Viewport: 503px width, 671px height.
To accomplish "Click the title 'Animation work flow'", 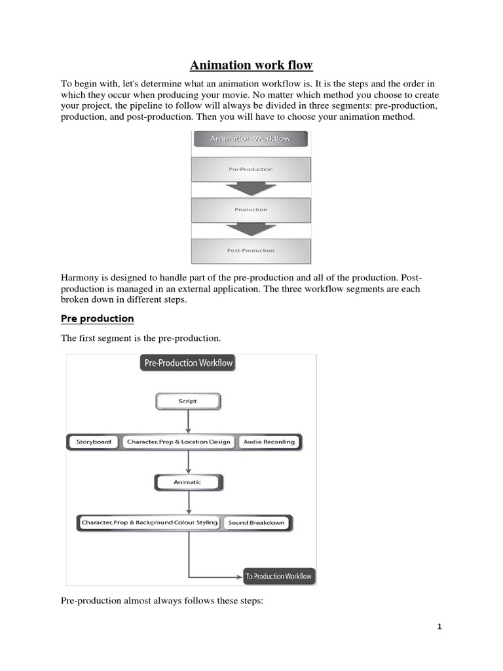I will coord(251,65).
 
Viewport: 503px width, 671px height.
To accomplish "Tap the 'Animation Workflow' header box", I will coord(250,138).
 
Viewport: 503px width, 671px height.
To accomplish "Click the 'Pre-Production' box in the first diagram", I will coord(251,169).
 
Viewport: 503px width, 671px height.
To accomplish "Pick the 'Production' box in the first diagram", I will coord(251,210).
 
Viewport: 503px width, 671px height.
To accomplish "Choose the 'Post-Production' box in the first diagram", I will coord(251,250).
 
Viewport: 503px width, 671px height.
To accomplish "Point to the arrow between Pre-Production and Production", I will coord(251,189).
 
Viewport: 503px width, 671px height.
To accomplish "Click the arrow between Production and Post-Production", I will coord(251,230).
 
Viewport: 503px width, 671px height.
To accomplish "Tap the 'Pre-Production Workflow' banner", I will coord(187,362).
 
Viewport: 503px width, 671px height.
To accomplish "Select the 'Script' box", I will coord(187,401).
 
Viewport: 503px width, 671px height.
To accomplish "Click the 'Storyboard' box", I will coord(94,442).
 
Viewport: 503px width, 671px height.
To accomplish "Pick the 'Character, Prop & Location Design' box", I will coord(179,442).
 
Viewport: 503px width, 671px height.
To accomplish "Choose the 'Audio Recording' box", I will coord(269,442).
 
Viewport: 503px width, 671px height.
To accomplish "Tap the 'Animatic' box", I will coord(188,482).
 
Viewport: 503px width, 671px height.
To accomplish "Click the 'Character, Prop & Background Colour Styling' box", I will coord(149,523).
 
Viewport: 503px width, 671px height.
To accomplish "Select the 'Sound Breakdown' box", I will coord(257,523).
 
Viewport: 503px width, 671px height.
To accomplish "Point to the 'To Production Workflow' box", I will coord(279,577).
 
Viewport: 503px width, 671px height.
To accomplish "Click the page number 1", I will coord(439,626).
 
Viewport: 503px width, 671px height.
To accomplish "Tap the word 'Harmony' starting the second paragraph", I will coord(80,278).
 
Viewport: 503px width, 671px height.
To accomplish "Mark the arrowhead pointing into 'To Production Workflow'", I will coord(238,577).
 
